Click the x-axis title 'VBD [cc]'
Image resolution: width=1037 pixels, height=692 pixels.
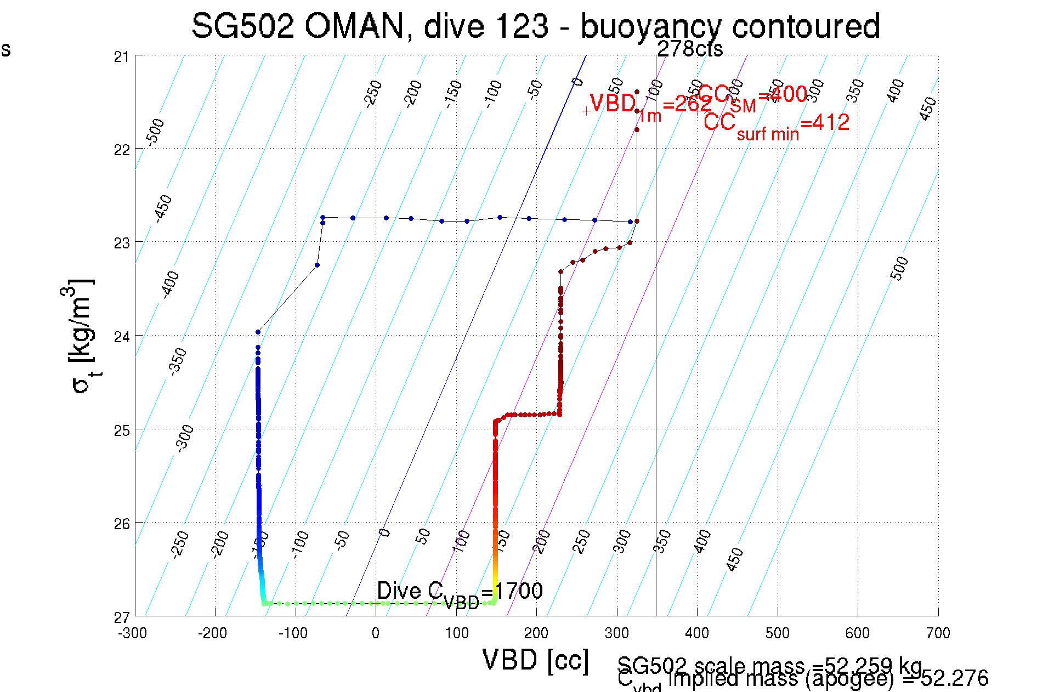pos(535,660)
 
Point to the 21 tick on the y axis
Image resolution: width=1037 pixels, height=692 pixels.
pos(121,56)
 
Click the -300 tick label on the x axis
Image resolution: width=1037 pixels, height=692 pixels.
pos(133,634)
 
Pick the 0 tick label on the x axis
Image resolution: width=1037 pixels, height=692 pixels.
pos(376,634)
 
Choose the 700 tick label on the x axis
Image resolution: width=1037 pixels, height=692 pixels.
pos(938,634)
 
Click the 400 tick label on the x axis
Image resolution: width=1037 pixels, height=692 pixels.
pos(697,634)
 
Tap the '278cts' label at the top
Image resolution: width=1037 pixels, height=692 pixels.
pos(690,49)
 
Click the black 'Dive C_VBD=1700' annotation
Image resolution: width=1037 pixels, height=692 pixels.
pos(460,592)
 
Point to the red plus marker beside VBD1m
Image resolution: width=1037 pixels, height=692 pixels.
pos(586,111)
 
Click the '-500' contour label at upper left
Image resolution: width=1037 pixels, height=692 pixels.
pos(156,132)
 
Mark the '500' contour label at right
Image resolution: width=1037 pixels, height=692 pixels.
pos(899,268)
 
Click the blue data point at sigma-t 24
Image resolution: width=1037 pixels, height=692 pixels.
pos(258,332)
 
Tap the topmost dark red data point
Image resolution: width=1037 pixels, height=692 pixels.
pos(637,92)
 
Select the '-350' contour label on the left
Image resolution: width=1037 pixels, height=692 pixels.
pos(178,361)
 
